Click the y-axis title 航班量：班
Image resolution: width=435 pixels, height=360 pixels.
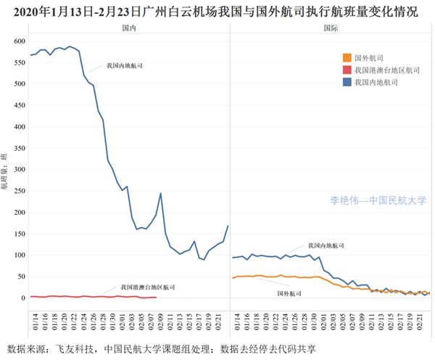pyautogui.click(x=6, y=171)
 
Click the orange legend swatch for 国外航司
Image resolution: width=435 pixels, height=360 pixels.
pyautogui.click(x=347, y=58)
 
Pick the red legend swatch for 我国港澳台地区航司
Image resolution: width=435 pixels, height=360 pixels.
pyautogui.click(x=347, y=70)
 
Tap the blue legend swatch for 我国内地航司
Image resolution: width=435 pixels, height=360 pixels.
pyautogui.click(x=347, y=83)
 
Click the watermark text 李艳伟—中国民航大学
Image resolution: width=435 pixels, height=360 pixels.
pyautogui.click(x=378, y=201)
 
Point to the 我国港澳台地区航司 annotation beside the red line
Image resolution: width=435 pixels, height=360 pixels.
pyautogui.click(x=148, y=287)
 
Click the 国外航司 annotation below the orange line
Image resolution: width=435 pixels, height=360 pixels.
pyautogui.click(x=290, y=294)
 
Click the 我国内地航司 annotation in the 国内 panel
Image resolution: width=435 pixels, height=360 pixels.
pyautogui.click(x=124, y=65)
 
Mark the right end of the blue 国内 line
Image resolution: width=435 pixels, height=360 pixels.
pyautogui.click(x=228, y=225)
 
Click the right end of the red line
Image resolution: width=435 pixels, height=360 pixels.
pyautogui.click(x=157, y=297)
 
